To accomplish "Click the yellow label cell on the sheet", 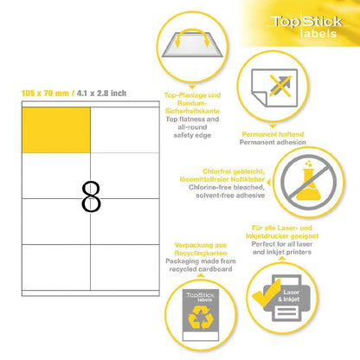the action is pos(56,130).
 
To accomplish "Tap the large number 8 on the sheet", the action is pos(91,196).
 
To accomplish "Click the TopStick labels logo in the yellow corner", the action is pos(306,27).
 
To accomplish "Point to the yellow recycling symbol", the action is pos(201,318).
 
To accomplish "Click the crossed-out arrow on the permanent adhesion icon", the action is pos(280,86).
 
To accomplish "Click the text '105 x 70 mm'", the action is pos(45,93).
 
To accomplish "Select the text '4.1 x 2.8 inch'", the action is pos(101,93).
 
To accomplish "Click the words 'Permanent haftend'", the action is pos(273,134).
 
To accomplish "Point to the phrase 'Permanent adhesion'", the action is pos(273,142).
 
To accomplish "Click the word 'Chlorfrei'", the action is pos(216,171).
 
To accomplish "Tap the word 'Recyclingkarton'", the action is pos(201,254).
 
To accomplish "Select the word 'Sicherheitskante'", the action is pos(192,111).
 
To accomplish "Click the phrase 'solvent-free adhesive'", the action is pos(230,196).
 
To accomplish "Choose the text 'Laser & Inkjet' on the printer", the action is pos(289,296).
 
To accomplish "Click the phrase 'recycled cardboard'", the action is pos(201,269).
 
